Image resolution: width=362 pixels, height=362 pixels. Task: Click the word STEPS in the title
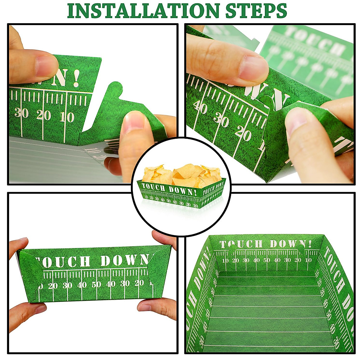tap(256, 11)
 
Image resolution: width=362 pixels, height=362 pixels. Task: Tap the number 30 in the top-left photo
tap(21, 113)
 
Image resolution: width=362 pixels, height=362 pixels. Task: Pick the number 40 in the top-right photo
tap(201, 107)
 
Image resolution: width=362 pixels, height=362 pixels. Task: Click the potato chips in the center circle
tap(181, 174)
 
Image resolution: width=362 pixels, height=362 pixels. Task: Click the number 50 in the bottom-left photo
tap(96, 284)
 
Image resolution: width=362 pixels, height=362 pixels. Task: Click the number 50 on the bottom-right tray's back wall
tap(267, 260)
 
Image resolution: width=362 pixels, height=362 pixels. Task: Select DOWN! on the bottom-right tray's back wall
tap(291, 244)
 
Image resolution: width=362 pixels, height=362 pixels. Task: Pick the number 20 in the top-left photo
tap(43, 115)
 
